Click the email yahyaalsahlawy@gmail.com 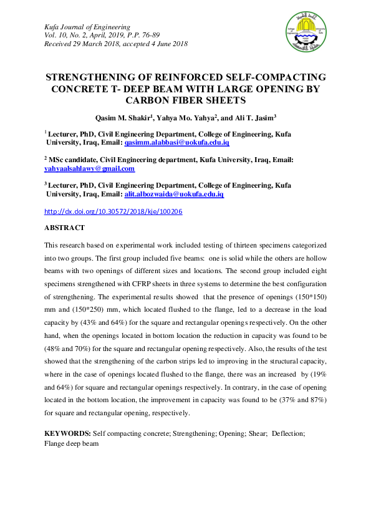point(89,168)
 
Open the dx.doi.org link point(113,211)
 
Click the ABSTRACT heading point(64,228)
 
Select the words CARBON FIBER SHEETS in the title point(185,100)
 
